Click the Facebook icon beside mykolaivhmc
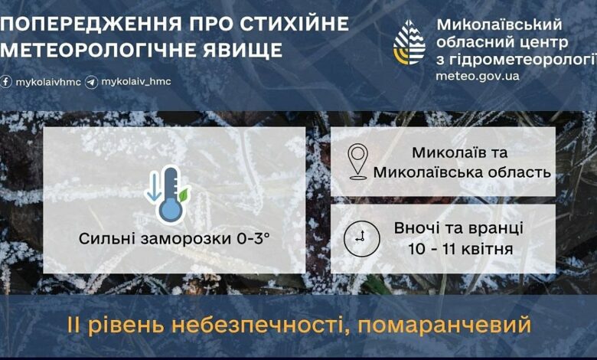[5, 82]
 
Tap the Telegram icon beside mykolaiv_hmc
[91, 82]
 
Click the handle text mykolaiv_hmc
[136, 81]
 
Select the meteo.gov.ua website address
[478, 76]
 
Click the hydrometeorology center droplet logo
[409, 42]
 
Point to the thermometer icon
[169, 195]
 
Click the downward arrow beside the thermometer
[153, 186]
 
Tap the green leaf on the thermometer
[184, 195]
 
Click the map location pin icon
[358, 161]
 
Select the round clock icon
[362, 239]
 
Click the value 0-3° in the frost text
[253, 239]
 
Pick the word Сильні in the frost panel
[108, 239]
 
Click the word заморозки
[186, 239]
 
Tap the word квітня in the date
[487, 249]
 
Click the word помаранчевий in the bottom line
[445, 325]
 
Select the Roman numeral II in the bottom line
[74, 325]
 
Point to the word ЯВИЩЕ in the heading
[242, 50]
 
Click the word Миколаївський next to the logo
[499, 25]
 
